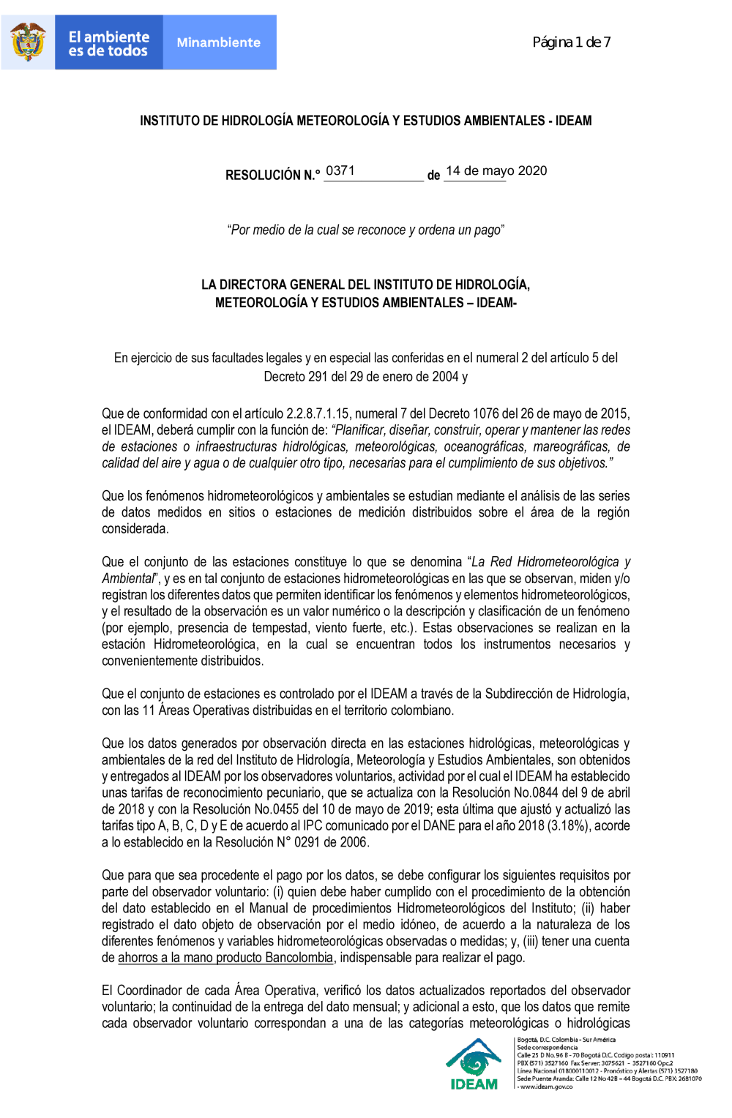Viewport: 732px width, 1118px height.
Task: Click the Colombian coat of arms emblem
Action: click(28, 42)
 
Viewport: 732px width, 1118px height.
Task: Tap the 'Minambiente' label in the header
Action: click(218, 42)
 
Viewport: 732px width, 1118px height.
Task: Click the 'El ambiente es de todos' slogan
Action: click(108, 43)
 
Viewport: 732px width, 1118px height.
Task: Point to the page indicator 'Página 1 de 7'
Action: click(571, 42)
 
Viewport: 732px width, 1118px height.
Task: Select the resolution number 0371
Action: click(340, 171)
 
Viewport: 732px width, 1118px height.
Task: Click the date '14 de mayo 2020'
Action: click(496, 171)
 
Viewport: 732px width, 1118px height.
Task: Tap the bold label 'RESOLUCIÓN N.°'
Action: click(272, 175)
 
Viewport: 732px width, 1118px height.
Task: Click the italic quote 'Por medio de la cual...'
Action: click(366, 230)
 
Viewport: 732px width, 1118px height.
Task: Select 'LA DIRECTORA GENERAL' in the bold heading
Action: click(270, 285)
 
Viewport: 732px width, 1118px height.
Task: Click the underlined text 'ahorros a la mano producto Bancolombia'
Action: click(225, 957)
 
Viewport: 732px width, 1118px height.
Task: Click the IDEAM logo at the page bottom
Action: click(474, 1065)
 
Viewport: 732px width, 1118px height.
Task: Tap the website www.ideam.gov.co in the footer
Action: click(546, 1087)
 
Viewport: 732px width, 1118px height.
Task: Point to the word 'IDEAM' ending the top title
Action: click(573, 121)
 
